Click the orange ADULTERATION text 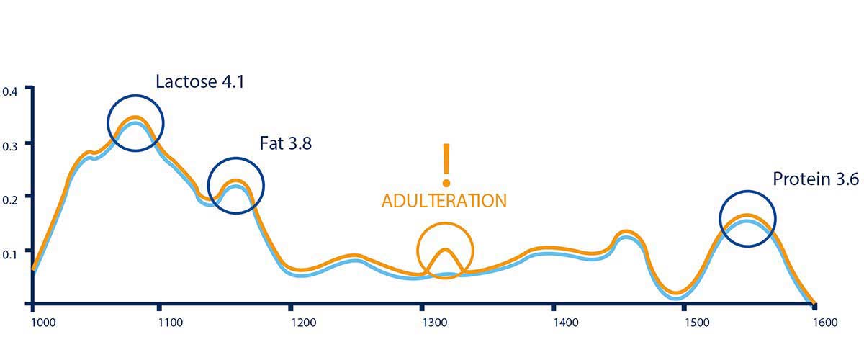[444, 201]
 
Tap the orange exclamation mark [446, 162]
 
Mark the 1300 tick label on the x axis [434, 323]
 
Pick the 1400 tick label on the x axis [566, 323]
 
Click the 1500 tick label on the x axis [697, 323]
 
